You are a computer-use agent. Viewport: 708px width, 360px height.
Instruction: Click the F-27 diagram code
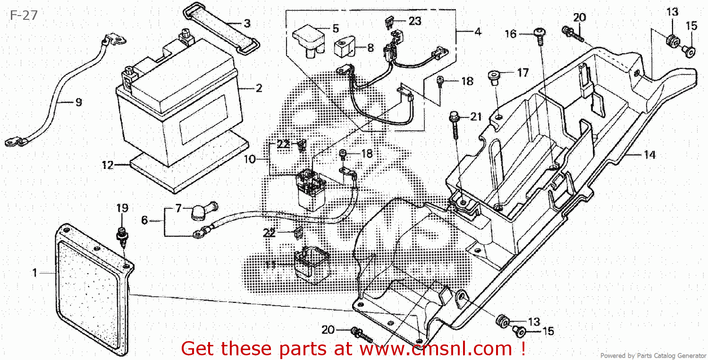pyautogui.click(x=23, y=16)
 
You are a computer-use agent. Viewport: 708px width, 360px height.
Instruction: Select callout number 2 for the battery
pyautogui.click(x=259, y=88)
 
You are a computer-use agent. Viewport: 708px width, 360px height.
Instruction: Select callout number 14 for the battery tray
pyautogui.click(x=650, y=154)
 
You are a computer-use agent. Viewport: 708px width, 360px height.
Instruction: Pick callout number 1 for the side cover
pyautogui.click(x=34, y=273)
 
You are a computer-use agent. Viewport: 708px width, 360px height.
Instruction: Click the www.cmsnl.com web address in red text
pyautogui.click(x=435, y=349)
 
